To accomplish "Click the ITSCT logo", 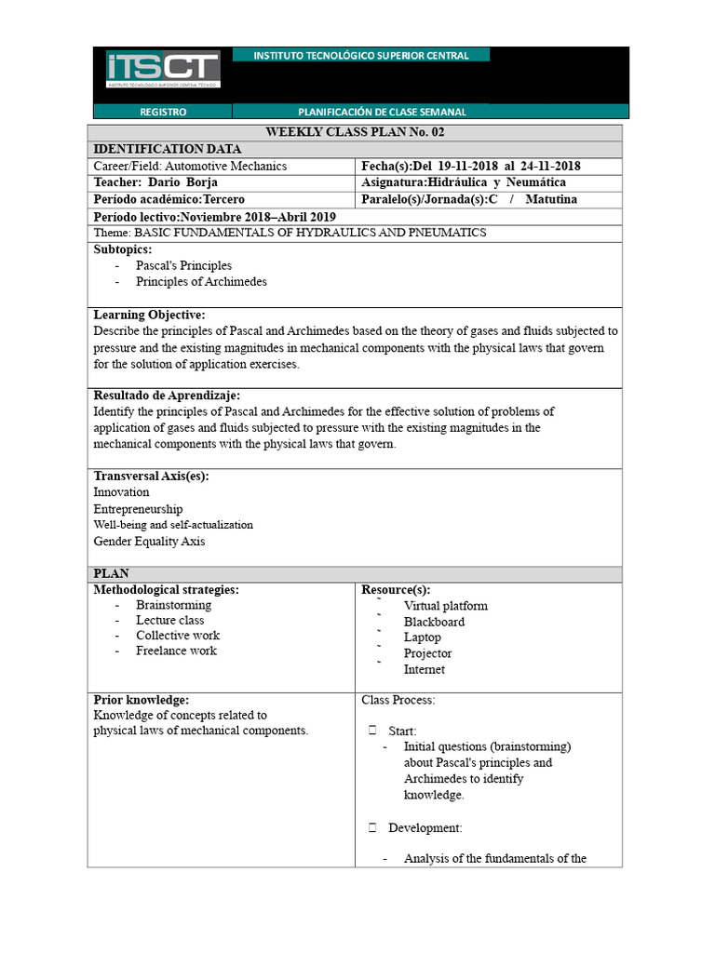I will (x=163, y=70).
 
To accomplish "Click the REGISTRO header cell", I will (x=163, y=112).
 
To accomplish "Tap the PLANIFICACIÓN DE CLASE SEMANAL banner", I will (x=382, y=112).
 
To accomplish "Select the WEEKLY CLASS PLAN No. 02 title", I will (x=355, y=132).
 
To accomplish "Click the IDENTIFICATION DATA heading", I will (x=168, y=149).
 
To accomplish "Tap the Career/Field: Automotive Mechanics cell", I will (x=190, y=166).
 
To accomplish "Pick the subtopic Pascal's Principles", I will (x=183, y=265).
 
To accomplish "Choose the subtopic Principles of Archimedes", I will (x=201, y=281).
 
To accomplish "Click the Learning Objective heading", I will (x=150, y=315).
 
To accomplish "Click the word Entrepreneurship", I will (x=138, y=509).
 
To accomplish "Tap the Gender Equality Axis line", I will (x=149, y=541).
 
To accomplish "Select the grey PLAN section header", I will (x=355, y=573).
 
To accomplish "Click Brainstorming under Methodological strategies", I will (x=173, y=605).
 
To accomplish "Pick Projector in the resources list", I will (x=427, y=653).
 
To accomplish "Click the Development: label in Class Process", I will (x=425, y=827).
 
